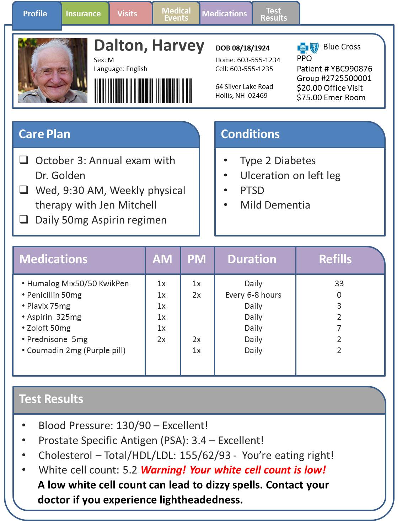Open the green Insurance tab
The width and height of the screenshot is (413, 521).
83,14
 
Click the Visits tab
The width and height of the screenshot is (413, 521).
127,14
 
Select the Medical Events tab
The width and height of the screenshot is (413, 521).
176,14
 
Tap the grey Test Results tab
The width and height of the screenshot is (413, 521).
274,14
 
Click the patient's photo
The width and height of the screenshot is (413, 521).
53,70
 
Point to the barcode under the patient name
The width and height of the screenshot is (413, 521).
143,91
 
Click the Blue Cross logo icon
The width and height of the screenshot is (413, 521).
308,48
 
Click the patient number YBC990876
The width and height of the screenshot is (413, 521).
351,69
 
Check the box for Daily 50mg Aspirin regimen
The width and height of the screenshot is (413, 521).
24,219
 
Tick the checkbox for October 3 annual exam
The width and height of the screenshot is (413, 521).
24,160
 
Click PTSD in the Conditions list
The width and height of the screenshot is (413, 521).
252,190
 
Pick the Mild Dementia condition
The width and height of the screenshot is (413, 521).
275,205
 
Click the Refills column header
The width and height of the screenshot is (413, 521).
335,259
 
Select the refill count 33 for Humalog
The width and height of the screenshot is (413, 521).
339,283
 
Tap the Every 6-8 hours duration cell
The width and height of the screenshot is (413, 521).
253,295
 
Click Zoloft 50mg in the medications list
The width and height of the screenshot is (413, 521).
49,328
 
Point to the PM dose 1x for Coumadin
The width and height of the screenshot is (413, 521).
197,350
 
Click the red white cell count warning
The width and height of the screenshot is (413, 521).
233,470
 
